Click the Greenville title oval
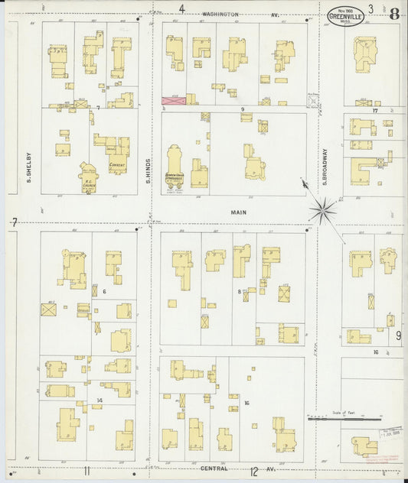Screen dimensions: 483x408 (x=346, y=17)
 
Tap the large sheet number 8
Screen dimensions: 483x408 (x=393, y=14)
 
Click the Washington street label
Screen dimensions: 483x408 (x=220, y=14)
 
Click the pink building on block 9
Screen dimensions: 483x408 (x=173, y=100)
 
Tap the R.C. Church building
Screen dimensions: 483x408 (x=89, y=179)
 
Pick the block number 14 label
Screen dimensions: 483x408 (x=100, y=400)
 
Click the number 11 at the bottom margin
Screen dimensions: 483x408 (x=87, y=471)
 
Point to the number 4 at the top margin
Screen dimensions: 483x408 (x=181, y=9)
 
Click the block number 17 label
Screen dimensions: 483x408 (x=375, y=111)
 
